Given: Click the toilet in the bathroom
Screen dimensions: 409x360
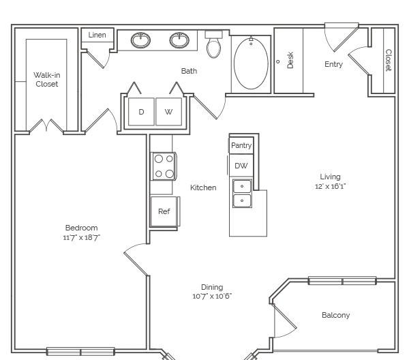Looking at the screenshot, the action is coord(213,44).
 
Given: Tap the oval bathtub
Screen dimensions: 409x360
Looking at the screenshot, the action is coord(251,63).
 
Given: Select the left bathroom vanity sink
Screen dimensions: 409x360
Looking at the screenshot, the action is coord(140,40).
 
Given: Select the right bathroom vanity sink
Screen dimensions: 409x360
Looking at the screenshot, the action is coord(179,40).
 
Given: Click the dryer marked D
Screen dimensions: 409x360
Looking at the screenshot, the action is coord(141,112).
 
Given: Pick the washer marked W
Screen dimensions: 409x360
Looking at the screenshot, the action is coord(169,112).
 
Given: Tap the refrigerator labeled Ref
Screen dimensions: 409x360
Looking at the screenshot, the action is coord(164,211).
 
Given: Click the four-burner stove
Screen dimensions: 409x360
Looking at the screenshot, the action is coord(164,166).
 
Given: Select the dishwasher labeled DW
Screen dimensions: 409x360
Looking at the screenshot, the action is coord(241,166).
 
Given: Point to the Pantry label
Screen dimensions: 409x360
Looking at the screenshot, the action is coord(241,145).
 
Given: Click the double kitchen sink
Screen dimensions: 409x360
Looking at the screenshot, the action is coord(242,194).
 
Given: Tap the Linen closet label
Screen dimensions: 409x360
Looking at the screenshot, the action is coord(97,35).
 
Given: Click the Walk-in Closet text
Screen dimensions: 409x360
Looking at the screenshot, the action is coord(47,79).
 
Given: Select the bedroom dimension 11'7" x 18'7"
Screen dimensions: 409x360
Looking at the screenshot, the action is coord(82,237).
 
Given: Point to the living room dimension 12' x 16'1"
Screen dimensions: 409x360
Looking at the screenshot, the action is coord(330,186).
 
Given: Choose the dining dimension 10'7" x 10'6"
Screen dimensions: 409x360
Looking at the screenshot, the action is coord(212,296).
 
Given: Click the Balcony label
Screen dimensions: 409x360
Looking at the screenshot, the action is coord(335,315).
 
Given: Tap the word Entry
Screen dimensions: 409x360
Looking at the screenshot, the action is coord(333,64).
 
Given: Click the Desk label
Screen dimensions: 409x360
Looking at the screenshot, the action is coord(290,60).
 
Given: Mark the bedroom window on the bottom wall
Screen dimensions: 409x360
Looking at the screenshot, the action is coord(80,352).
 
